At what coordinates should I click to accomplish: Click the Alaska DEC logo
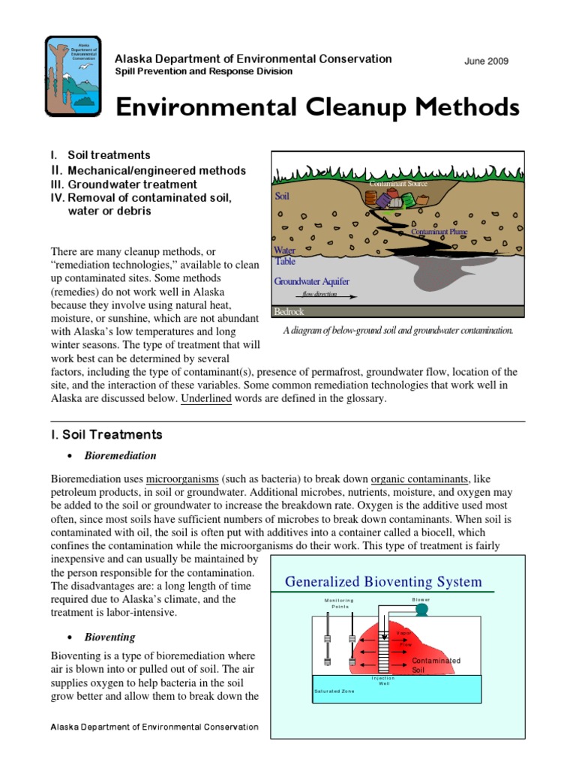coord(74,75)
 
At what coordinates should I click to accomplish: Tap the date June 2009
coord(487,61)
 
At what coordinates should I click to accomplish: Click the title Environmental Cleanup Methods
coord(316,107)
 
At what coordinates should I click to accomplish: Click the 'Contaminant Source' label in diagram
coord(397,183)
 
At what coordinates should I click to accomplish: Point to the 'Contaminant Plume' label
coord(439,232)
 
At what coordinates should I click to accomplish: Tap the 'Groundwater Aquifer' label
coord(311,282)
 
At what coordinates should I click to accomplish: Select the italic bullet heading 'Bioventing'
coord(109,637)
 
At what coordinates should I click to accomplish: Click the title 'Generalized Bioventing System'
coord(384,582)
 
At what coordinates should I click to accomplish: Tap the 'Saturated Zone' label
coord(334,691)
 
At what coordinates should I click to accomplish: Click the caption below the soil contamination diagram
coord(397,330)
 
